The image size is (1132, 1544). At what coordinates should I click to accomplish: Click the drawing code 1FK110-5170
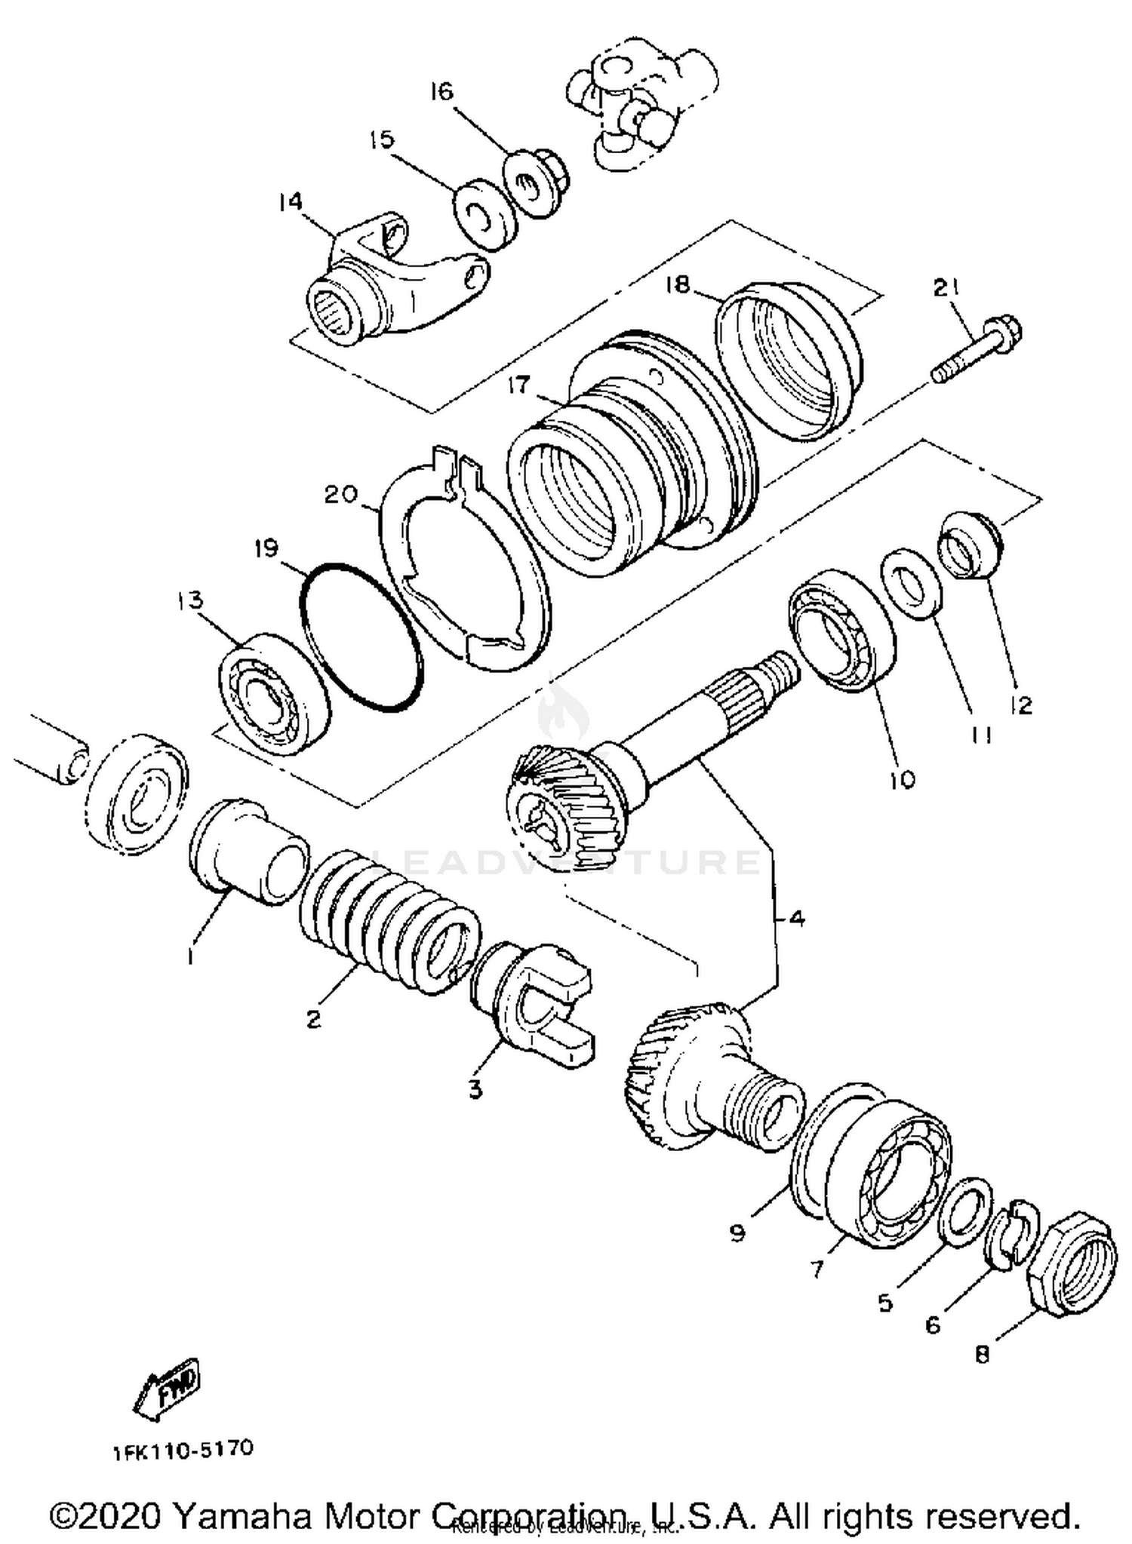pyautogui.click(x=183, y=1450)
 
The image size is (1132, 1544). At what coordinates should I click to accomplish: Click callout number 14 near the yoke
pyautogui.click(x=290, y=201)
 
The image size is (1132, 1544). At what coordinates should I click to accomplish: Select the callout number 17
pyautogui.click(x=519, y=385)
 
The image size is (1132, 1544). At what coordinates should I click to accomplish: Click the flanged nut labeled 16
pyautogui.click(x=537, y=184)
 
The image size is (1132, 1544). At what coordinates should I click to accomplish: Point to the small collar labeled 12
pyautogui.click(x=969, y=544)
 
